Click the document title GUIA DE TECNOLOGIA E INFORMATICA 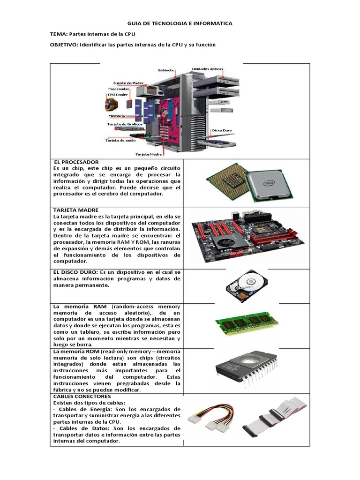click(x=180, y=23)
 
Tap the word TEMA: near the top click(x=59, y=34)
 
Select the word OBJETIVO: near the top click(x=64, y=45)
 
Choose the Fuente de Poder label click(x=128, y=83)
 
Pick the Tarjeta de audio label click(x=120, y=140)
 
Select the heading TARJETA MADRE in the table click(x=76, y=210)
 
